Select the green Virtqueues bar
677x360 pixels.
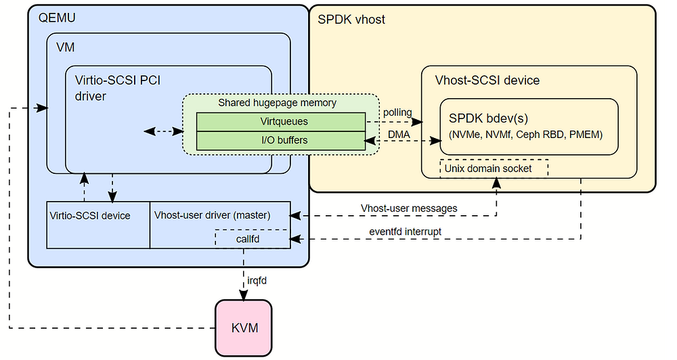click(280, 122)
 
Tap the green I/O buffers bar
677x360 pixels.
click(280, 140)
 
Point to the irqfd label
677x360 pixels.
click(257, 279)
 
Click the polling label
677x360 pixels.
click(397, 112)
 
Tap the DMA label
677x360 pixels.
click(399, 135)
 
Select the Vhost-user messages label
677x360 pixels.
click(408, 208)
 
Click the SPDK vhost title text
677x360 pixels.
click(351, 20)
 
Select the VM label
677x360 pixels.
click(66, 49)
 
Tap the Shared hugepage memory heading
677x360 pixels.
click(277, 103)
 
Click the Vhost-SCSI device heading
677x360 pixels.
click(487, 81)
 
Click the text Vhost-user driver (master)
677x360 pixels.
click(212, 216)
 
